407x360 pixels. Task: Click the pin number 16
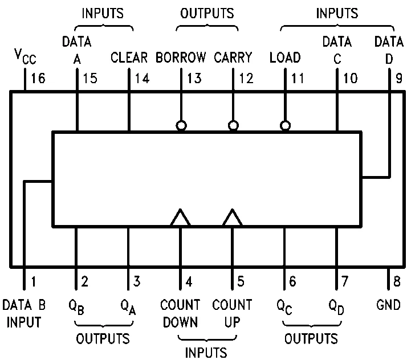coord(38,78)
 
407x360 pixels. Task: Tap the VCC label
coord(25,56)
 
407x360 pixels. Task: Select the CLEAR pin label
coord(129,58)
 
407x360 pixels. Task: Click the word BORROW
coord(181,58)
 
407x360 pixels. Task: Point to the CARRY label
coord(233,58)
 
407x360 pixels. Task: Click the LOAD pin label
coord(285,58)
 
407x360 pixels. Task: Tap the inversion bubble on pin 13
coord(181,126)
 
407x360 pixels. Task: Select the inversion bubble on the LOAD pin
coord(285,126)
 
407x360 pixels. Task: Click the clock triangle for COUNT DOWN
coord(180,218)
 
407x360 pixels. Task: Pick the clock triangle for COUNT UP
coord(233,218)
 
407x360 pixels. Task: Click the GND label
coord(388,305)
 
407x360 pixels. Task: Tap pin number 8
coord(397,281)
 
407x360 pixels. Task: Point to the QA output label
coord(128,307)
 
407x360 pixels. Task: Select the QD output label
coord(336,307)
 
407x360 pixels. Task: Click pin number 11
coord(298,78)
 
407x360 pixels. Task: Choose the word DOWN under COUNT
coord(180,322)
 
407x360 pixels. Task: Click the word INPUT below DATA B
coord(24,322)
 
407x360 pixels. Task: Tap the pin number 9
coord(399,78)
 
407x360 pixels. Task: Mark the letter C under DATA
coord(337,59)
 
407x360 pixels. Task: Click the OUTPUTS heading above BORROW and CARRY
coord(207,13)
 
